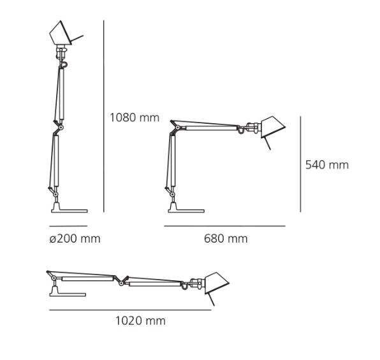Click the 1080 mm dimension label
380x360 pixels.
[x=134, y=117]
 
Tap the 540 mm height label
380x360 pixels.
[x=326, y=165]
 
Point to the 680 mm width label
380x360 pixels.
[x=226, y=239]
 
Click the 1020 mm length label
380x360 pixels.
[x=140, y=320]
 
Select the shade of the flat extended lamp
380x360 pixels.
[x=216, y=282]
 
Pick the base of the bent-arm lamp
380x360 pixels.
[x=185, y=207]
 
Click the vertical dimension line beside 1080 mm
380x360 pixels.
[x=103, y=115]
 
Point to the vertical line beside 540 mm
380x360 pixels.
[x=300, y=164]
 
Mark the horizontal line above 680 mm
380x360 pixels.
[x=224, y=226]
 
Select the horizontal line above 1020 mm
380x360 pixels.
[x=130, y=310]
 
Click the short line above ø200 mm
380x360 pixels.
[x=68, y=226]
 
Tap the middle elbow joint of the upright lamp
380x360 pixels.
[x=59, y=127]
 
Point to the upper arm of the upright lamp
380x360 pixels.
[x=61, y=93]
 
